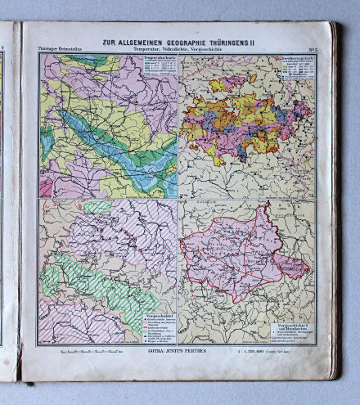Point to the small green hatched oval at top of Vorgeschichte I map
pos(97,208)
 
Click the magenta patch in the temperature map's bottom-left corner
pos(46,187)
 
